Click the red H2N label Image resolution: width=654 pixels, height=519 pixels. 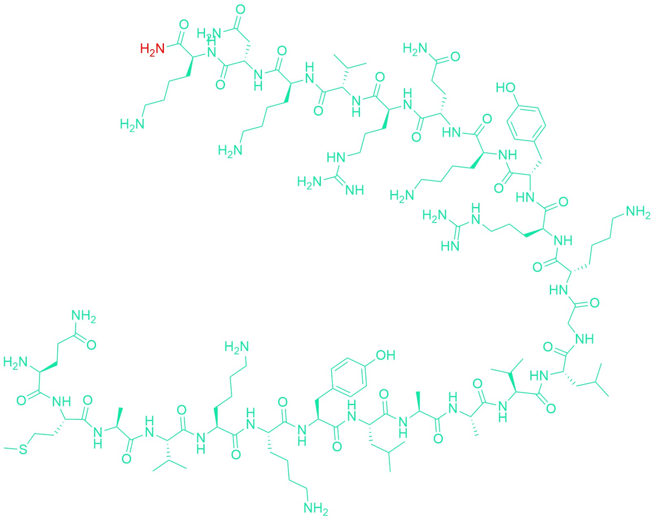pyautogui.click(x=152, y=49)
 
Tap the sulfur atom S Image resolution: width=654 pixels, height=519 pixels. pyautogui.click(x=23, y=449)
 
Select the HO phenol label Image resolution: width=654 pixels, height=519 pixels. pyautogui.click(x=506, y=87)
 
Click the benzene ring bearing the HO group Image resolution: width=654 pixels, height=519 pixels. pyautogui.click(x=526, y=122)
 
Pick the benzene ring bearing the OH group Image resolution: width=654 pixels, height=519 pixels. pyautogui.click(x=349, y=377)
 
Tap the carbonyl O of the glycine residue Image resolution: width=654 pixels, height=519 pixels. pyautogui.click(x=594, y=303)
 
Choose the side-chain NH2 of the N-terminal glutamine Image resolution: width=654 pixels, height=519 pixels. pyautogui.click(x=83, y=316)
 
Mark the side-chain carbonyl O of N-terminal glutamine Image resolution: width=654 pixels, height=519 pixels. pyautogui.click(x=91, y=345)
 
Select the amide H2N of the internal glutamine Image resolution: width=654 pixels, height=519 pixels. pyautogui.click(x=415, y=49)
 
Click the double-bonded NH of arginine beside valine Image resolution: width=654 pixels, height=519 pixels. pyautogui.click(x=354, y=190)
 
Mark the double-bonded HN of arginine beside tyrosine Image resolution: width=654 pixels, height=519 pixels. pyautogui.click(x=450, y=246)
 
